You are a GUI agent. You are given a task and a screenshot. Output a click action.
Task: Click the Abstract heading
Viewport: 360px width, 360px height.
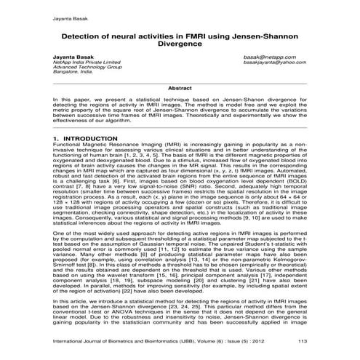180,87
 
